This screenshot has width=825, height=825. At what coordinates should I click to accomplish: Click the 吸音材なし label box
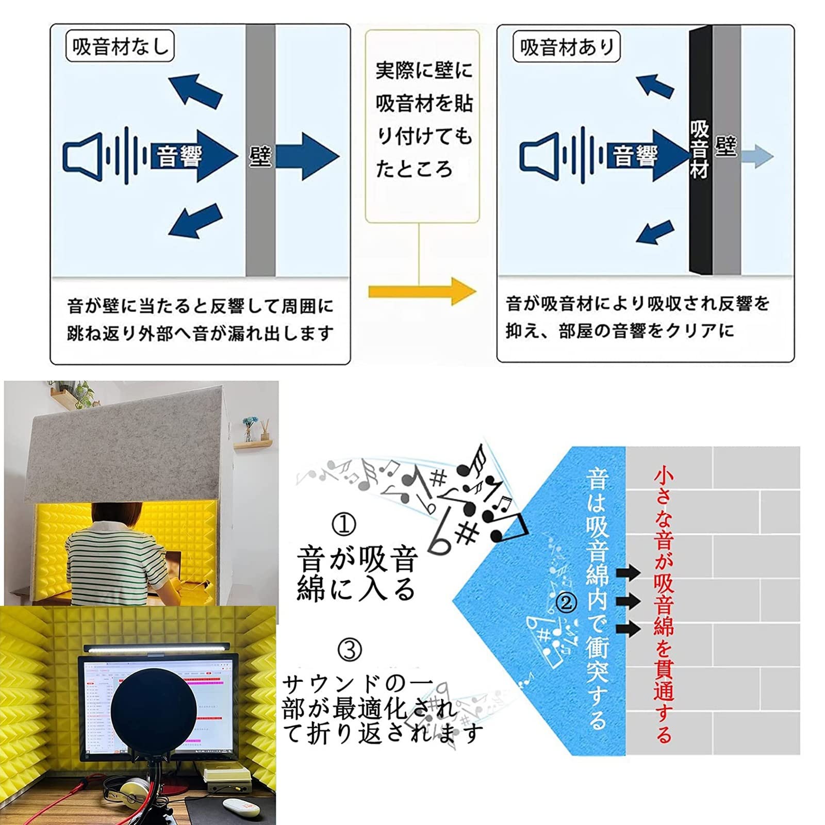tap(120, 46)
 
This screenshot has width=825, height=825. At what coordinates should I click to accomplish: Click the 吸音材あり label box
tap(566, 47)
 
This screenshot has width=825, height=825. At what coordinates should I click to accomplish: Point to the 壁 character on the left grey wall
tap(260, 156)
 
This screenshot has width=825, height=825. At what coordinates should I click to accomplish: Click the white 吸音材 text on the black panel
tap(699, 150)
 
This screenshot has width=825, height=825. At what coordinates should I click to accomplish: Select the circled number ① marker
tap(344, 525)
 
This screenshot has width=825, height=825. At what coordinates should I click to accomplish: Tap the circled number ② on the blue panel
tap(567, 602)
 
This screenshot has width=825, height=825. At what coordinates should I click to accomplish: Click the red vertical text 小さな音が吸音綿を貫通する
tap(664, 603)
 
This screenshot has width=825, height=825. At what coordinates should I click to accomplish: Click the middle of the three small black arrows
tap(628, 601)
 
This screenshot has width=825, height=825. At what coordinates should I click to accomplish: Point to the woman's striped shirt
tap(111, 559)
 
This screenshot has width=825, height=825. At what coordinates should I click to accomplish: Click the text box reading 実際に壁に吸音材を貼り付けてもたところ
tap(422, 126)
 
